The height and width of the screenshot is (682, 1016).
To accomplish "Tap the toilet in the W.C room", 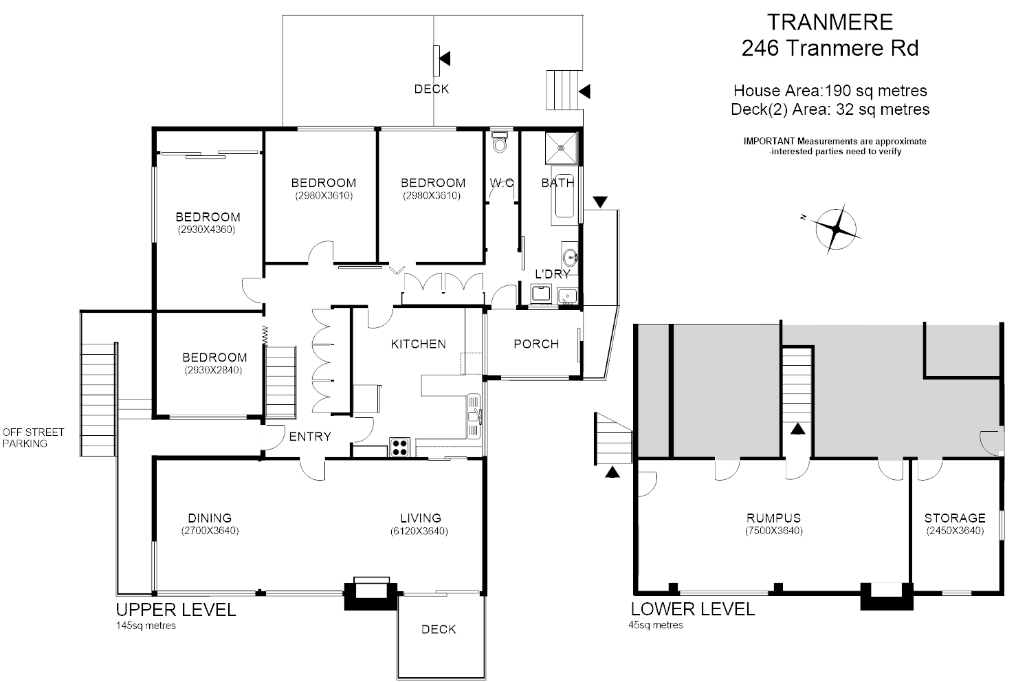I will (500, 142).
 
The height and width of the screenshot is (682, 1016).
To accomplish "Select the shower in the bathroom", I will (562, 148).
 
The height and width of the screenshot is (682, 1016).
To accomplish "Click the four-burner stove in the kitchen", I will (399, 447).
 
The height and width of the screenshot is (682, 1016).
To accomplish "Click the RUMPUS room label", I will (773, 518).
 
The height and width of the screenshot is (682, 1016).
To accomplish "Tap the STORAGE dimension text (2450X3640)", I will (954, 531).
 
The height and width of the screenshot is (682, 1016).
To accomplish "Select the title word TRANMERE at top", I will (830, 22).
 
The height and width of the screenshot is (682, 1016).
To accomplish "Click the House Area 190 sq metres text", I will (830, 90).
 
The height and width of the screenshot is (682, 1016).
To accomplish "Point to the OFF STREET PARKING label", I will (33, 438).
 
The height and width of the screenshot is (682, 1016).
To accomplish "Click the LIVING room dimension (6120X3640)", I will (420, 531).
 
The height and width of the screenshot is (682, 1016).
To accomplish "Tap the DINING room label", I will (210, 518).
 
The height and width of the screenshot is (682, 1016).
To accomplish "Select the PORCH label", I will (536, 344).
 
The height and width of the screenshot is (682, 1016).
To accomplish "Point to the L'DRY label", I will (553, 274).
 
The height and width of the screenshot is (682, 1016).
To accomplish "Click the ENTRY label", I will (309, 437).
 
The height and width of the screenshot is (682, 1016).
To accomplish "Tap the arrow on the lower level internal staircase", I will (797, 428).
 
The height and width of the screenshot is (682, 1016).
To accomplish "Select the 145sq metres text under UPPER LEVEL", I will (146, 626).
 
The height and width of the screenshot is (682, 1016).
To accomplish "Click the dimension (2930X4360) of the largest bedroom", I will (207, 230).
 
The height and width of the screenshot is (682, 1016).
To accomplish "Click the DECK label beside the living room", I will (439, 629).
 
